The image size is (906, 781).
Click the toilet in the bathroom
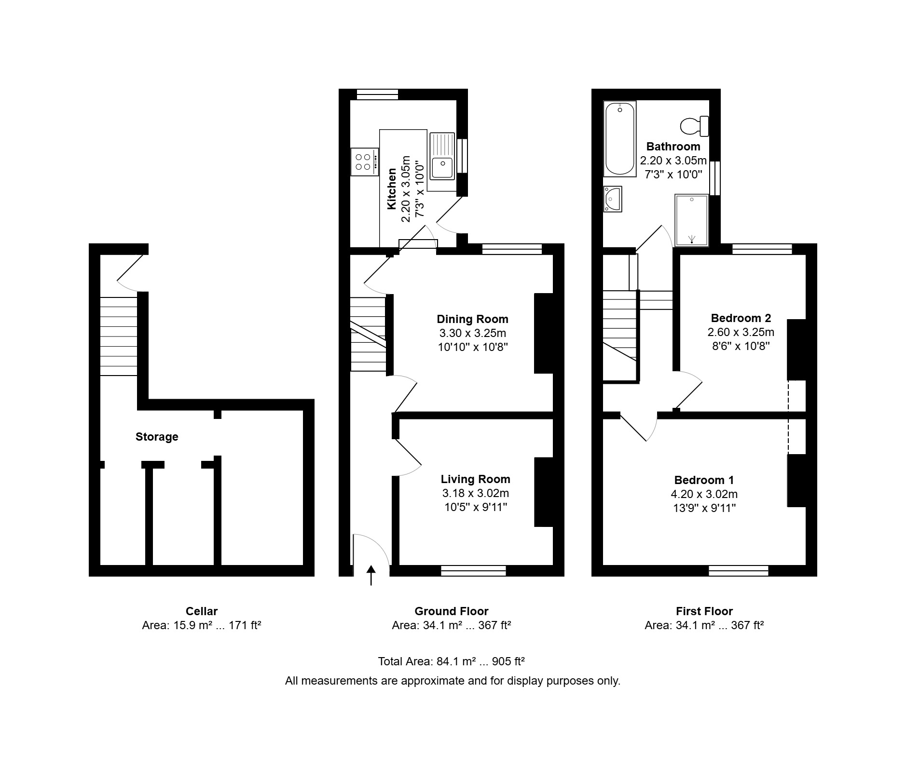pos(695,126)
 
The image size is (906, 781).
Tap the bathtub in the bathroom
pos(620,139)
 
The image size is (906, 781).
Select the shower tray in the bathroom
pos(692,220)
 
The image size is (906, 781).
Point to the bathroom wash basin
pos(613,199)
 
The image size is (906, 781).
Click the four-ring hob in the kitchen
pos(365,162)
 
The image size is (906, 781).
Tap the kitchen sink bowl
pos(442,168)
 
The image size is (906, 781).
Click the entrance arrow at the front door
pos(371,575)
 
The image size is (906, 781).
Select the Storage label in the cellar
pos(157,437)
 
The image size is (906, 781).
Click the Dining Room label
pos(472,319)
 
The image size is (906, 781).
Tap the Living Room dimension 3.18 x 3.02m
pos(475,493)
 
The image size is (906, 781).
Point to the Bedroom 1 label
pos(704,480)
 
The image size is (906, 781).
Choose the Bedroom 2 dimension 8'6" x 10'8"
pos(741,346)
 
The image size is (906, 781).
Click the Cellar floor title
pos(202,611)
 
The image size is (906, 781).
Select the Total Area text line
pos(451,661)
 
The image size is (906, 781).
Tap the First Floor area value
pos(704,625)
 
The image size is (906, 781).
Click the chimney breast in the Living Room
pos(543,492)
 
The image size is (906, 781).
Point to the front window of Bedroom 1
pos(738,571)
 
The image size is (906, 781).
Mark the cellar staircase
pos(119,336)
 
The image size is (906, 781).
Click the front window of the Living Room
pos(473,571)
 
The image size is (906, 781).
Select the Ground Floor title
pos(451,611)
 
